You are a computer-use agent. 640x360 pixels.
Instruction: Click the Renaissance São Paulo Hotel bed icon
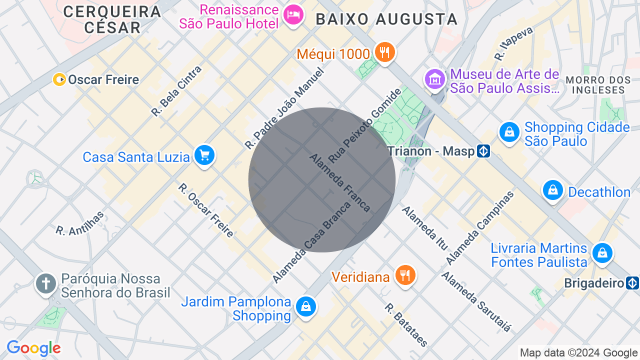tap(293, 14)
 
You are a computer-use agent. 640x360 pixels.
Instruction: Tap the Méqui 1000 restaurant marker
tap(384, 52)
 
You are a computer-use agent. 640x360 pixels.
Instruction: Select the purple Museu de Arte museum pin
tap(434, 79)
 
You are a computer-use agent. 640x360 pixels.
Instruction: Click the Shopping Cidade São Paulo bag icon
tap(509, 132)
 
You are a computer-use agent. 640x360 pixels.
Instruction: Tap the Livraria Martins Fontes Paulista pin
tap(602, 253)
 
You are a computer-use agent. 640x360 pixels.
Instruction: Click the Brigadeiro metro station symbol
tap(632, 283)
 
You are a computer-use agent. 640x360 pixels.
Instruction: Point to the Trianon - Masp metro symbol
tap(483, 150)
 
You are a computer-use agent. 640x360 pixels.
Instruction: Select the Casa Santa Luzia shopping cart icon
tap(204, 155)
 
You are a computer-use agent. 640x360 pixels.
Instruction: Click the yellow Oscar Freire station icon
tap(59, 79)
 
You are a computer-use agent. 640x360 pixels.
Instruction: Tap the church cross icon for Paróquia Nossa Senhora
tap(46, 283)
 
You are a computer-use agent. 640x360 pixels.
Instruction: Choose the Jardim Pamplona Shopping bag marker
tap(305, 306)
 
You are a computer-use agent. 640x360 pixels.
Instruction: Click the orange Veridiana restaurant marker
tap(405, 275)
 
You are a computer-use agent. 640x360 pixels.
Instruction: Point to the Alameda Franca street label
tap(340, 182)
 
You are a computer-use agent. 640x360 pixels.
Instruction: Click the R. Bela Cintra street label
tap(176, 91)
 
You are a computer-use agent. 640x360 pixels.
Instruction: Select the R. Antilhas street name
tap(80, 223)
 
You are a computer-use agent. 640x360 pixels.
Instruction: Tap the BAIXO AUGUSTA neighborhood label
tap(386, 19)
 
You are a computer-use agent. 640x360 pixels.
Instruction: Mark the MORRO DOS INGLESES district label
tap(598, 85)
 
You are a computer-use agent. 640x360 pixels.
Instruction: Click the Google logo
tap(33, 348)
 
